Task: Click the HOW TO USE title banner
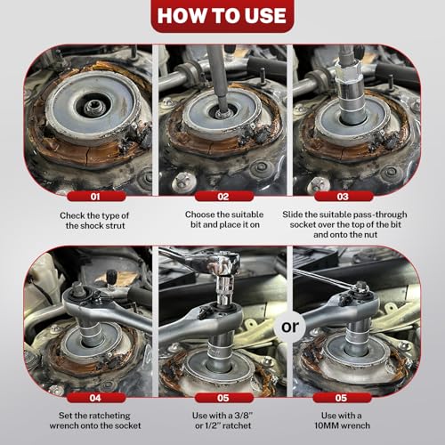[222, 16]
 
